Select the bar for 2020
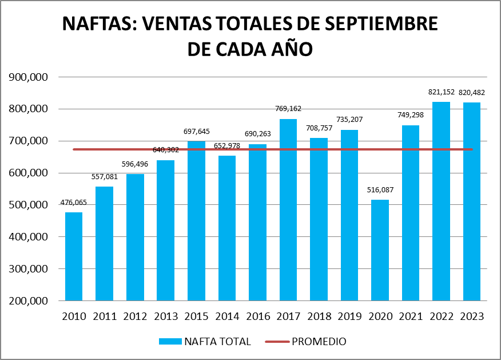pos(380,250)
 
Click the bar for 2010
pos(74,256)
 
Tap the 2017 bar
pos(288,209)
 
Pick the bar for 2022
pos(441,201)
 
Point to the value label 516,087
pos(380,189)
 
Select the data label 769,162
pos(288,109)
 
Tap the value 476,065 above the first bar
pos(74,203)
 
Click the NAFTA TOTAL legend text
pos(217,342)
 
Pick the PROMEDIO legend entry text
pos(319,342)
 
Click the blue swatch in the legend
pos(170,342)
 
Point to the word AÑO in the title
pos(291,49)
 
